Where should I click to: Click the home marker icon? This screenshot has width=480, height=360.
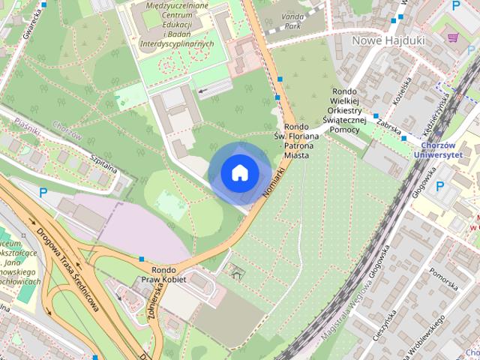[239, 172]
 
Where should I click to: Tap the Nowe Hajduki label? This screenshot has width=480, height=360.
[379, 40]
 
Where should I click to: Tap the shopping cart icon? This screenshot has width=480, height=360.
[452, 36]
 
